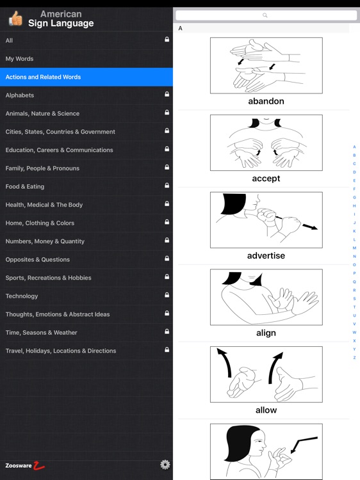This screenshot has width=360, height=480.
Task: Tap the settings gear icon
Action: [x=165, y=465]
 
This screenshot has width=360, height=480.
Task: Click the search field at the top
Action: [x=265, y=15]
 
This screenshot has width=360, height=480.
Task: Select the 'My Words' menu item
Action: [x=19, y=59]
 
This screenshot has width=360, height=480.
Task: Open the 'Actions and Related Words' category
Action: [x=43, y=77]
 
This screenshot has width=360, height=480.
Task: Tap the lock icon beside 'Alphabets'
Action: [x=167, y=95]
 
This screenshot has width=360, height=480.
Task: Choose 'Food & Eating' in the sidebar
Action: [x=25, y=186]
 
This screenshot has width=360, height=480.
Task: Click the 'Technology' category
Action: [x=22, y=296]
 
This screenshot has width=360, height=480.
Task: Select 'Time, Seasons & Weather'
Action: [x=41, y=332]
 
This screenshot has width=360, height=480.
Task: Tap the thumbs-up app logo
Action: [x=15, y=19]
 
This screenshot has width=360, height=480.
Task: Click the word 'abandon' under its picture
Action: [x=266, y=101]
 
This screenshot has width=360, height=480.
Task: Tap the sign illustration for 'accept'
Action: [x=266, y=143]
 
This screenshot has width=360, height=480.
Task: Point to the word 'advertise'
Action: [x=266, y=255]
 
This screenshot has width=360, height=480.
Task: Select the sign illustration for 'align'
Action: [x=266, y=297]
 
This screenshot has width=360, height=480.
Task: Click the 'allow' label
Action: [x=266, y=410]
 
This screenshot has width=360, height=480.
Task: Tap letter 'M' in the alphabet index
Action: [x=354, y=248]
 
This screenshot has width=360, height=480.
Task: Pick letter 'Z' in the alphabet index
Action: [x=354, y=358]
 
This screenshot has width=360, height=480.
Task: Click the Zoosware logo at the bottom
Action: [x=24, y=465]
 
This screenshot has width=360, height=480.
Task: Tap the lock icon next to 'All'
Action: [x=167, y=40]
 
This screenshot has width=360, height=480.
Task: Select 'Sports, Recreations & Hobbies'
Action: [x=48, y=278]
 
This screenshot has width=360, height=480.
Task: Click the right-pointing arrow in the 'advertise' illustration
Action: [x=309, y=227]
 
